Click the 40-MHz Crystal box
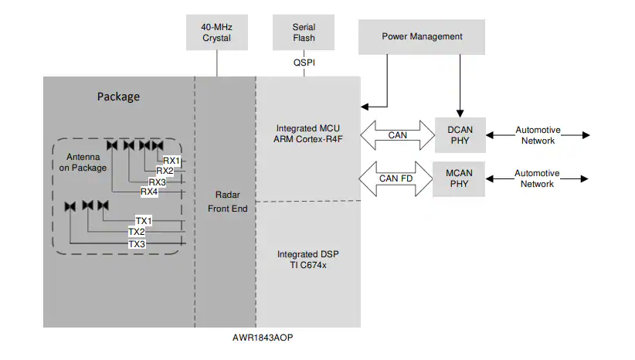click(x=216, y=32)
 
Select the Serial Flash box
click(x=304, y=32)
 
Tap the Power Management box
click(x=422, y=36)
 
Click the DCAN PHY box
click(x=459, y=134)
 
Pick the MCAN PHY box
click(x=459, y=178)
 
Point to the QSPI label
click(x=304, y=64)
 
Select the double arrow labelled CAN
click(x=397, y=134)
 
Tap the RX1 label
click(x=171, y=161)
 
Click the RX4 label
click(x=149, y=191)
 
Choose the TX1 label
click(x=144, y=221)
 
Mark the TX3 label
click(x=137, y=244)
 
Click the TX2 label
click(x=137, y=232)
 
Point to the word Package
click(x=118, y=97)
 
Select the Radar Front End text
click(x=226, y=203)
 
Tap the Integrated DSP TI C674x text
click(x=307, y=260)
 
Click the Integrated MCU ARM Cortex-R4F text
click(x=307, y=134)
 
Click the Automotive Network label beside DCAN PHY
click(x=537, y=135)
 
